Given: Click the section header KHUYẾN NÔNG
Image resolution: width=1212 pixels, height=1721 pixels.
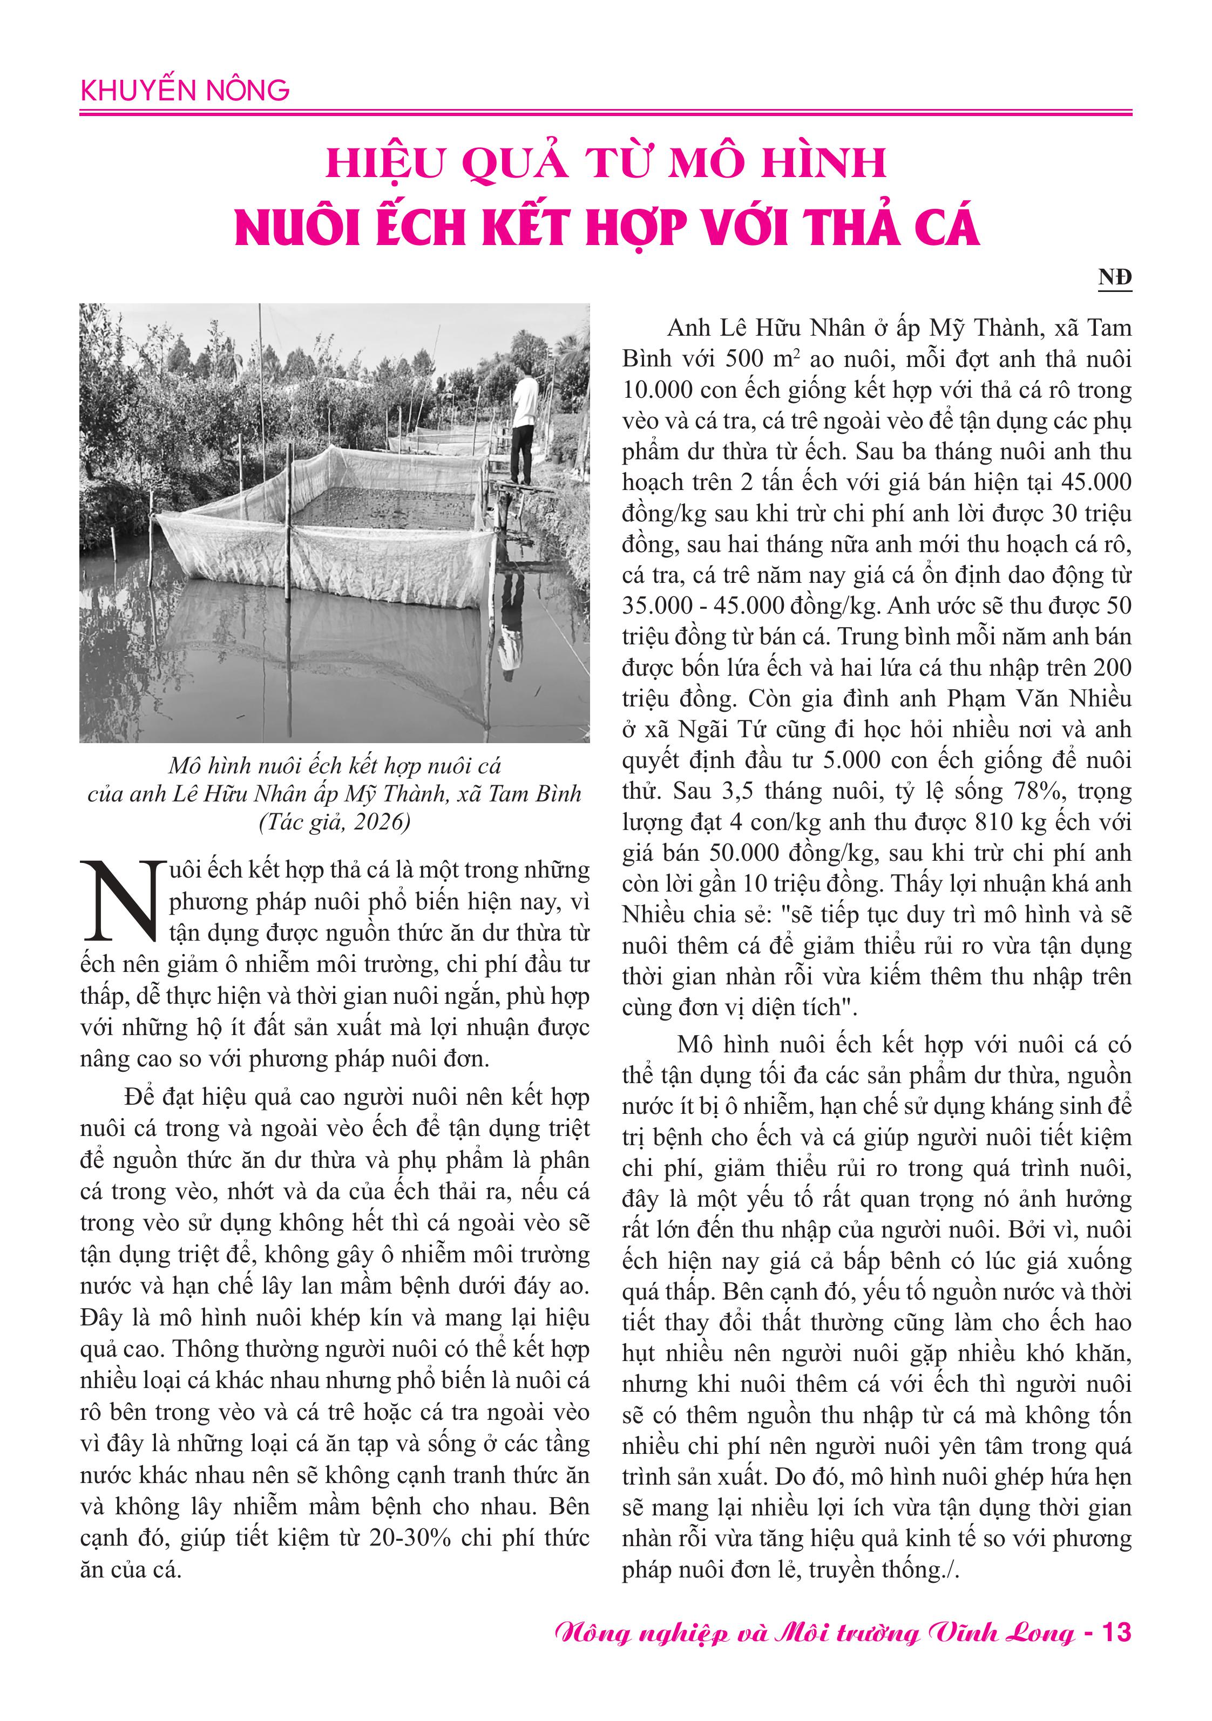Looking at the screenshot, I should (x=185, y=91).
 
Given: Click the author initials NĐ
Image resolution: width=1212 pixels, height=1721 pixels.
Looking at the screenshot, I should (x=1114, y=278).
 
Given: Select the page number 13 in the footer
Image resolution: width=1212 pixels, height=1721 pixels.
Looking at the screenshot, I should (x=1115, y=1632).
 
